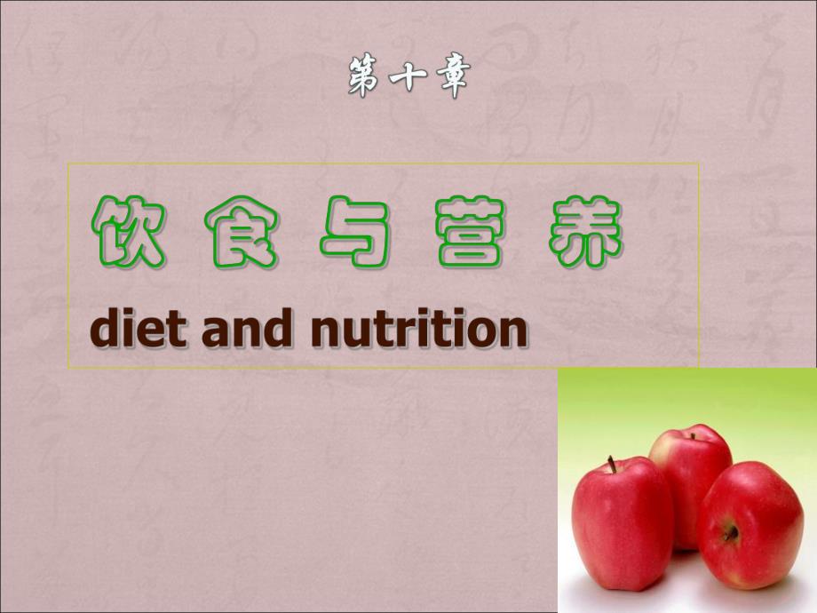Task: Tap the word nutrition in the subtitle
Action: (420, 330)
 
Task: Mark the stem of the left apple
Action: (611, 465)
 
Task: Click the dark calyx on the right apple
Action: (730, 532)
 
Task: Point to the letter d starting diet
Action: (105, 330)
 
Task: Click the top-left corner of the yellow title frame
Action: (68, 163)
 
